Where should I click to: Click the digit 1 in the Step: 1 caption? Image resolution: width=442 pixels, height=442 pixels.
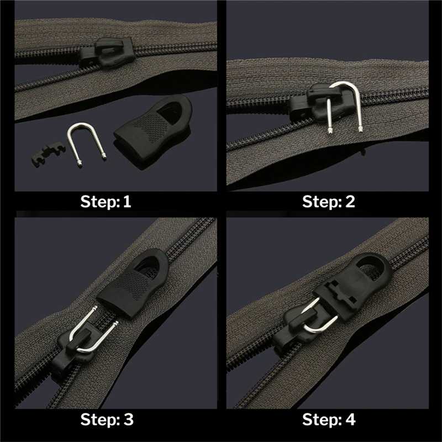coord(127,202)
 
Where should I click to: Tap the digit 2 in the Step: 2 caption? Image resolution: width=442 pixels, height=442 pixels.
coord(350,202)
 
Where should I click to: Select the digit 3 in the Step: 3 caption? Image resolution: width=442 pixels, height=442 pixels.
coord(129,419)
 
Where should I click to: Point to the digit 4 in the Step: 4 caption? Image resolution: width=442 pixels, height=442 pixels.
coord(351,419)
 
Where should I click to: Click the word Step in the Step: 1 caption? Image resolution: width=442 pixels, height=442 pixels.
coord(100,202)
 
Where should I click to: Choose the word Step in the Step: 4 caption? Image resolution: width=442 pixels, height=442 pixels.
coord(322,420)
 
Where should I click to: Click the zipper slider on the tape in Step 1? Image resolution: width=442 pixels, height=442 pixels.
coord(107,52)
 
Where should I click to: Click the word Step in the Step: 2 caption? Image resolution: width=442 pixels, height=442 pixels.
coord(322,202)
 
